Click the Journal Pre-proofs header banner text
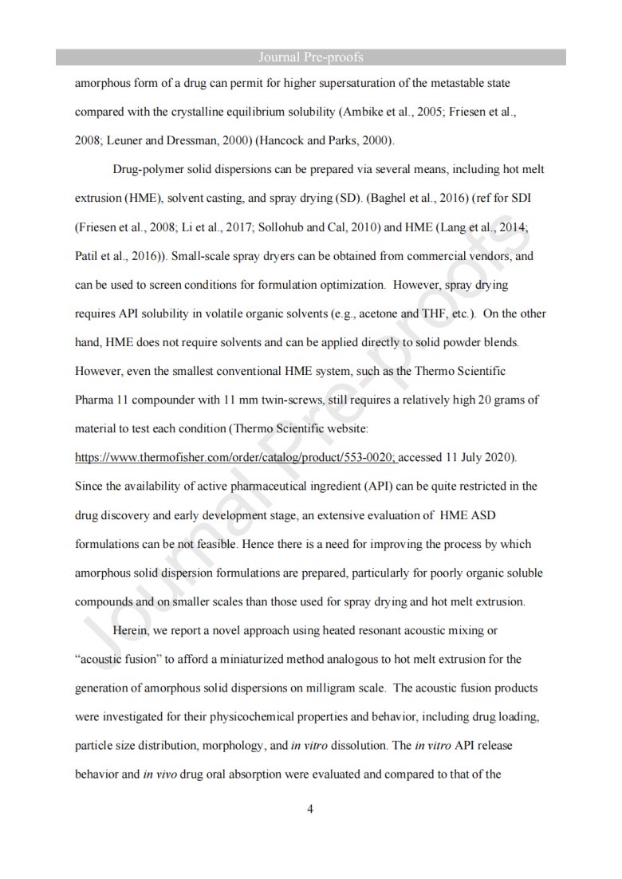[311, 57]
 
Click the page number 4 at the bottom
[310, 810]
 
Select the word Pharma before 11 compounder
[93, 400]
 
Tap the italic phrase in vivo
[158, 775]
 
